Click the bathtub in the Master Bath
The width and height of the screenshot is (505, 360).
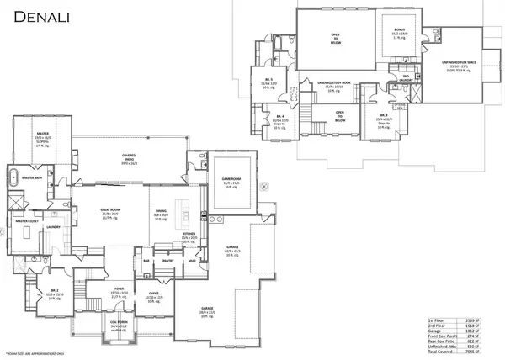14,178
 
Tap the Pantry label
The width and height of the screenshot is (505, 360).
167,262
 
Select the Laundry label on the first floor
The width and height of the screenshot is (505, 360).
52,225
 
